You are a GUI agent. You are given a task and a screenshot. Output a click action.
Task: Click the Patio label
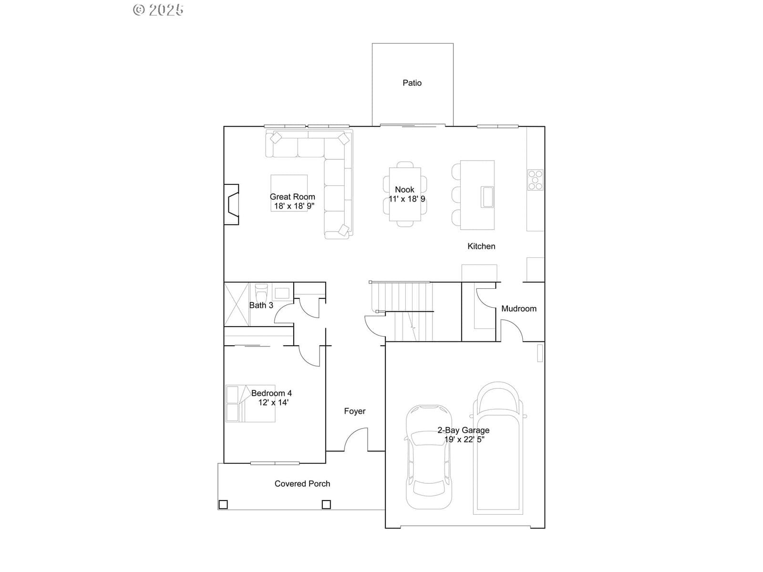click(x=412, y=83)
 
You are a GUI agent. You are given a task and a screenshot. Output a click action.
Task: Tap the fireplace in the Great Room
click(x=231, y=204)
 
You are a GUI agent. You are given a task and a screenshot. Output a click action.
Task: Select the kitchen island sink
click(x=487, y=197)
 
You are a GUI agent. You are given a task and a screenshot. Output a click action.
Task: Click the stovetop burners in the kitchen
click(x=535, y=180)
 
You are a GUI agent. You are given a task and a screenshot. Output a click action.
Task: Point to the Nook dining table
click(x=405, y=194)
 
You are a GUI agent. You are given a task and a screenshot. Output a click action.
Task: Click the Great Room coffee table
click(x=289, y=193)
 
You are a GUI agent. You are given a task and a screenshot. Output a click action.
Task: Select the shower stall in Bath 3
click(x=237, y=305)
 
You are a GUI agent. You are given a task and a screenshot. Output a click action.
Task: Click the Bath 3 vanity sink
click(x=282, y=293)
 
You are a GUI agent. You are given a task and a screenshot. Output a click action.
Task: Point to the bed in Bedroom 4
click(x=250, y=403)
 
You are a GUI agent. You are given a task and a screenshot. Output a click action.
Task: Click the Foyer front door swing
click(x=356, y=439)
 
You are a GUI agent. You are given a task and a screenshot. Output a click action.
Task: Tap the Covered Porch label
click(x=302, y=484)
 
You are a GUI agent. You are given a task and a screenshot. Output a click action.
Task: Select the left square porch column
click(x=223, y=504)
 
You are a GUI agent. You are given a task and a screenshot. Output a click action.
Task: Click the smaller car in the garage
click(x=429, y=457)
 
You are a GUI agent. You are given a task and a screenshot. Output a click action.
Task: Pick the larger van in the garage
click(x=498, y=448)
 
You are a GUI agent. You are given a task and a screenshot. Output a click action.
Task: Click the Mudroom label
click(x=519, y=309)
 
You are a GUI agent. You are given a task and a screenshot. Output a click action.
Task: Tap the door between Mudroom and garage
click(x=512, y=330)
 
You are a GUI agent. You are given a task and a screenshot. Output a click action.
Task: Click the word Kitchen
click(x=481, y=246)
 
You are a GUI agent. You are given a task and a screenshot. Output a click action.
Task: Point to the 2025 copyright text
click(x=158, y=10)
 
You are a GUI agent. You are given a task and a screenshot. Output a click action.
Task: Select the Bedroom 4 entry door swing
click(x=309, y=356)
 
